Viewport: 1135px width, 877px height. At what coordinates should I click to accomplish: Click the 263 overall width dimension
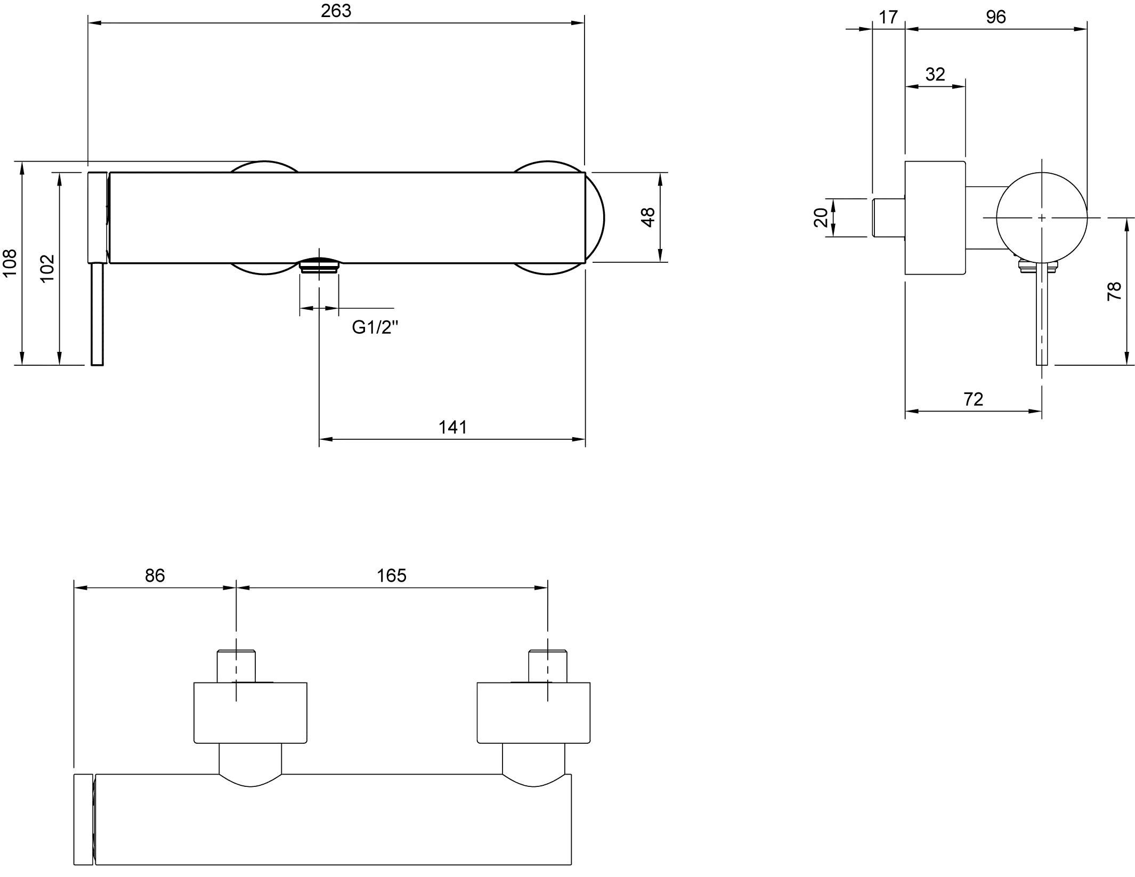[337, 12]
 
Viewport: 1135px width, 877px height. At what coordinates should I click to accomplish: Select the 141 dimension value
[453, 427]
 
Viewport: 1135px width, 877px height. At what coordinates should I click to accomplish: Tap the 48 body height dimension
[649, 218]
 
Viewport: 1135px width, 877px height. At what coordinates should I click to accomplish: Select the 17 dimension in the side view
[888, 18]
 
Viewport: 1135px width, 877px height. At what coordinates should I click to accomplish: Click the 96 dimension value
[995, 18]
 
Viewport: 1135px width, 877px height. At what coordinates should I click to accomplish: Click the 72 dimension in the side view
[974, 399]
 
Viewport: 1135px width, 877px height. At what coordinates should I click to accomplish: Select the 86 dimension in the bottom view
[155, 576]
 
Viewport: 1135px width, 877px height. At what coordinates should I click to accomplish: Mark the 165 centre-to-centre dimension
[392, 576]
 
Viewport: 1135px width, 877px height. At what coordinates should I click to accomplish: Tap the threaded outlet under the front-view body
[319, 267]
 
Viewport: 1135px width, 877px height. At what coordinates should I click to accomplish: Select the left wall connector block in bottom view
[251, 711]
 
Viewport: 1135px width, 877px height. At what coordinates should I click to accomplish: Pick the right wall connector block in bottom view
[533, 712]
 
